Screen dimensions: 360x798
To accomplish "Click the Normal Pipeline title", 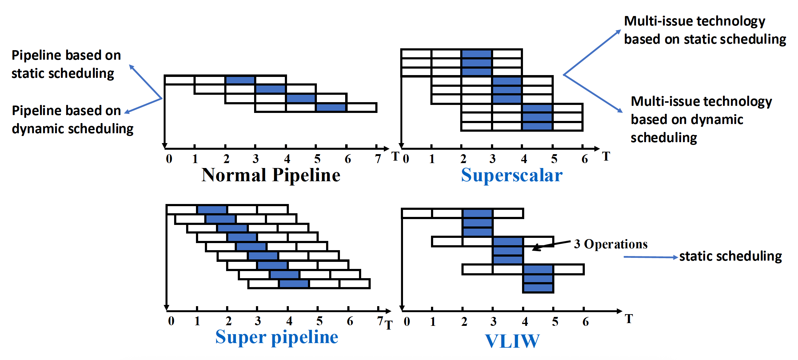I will (x=271, y=175).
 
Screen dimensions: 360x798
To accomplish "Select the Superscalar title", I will (x=512, y=175).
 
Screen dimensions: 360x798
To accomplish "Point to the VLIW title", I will (x=512, y=341).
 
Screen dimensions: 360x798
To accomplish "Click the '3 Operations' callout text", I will (x=611, y=244).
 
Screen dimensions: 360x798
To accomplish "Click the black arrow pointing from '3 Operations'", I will (x=551, y=245).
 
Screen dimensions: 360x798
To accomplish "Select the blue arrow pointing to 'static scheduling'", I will (x=651, y=257).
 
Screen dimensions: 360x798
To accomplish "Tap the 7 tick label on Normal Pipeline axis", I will (x=378, y=159).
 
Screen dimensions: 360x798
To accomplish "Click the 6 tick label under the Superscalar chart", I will (x=585, y=159).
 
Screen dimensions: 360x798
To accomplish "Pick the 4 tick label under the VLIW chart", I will (x=525, y=322).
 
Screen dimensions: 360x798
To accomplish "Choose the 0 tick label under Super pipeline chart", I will (x=171, y=321).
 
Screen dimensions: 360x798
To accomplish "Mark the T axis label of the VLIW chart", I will (x=628, y=319).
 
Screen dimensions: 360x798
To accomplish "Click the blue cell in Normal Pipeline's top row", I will (x=240, y=80).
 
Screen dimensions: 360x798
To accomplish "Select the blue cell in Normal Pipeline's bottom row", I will (x=331, y=107).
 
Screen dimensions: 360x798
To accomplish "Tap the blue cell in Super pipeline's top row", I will (x=212, y=210).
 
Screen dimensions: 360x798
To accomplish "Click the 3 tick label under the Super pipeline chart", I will (x=258, y=321).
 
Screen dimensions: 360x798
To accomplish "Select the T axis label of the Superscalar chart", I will (x=606, y=156).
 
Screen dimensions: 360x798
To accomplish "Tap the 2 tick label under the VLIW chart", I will (x=464, y=322).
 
